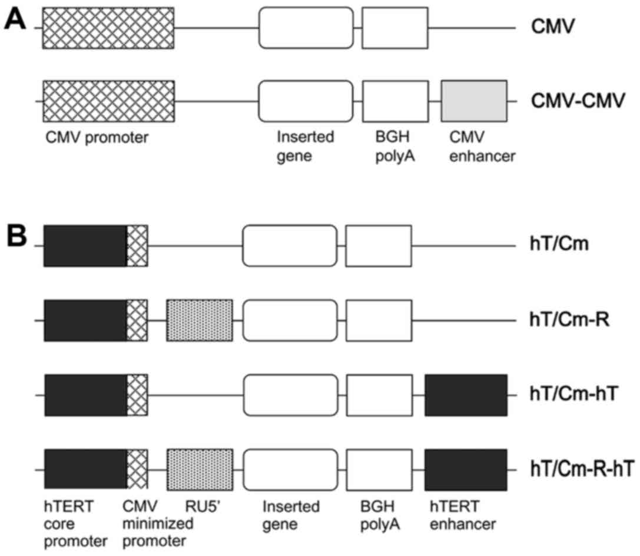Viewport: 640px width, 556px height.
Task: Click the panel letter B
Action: (16, 234)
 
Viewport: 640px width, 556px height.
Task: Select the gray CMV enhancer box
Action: (474, 101)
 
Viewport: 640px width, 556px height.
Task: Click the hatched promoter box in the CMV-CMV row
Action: (108, 101)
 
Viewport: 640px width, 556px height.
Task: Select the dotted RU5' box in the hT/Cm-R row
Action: (200, 321)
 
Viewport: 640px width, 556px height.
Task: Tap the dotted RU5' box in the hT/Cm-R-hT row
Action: (200, 469)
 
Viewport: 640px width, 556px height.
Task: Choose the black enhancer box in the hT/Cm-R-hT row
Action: (466, 469)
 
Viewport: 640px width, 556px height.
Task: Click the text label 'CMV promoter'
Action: (97, 138)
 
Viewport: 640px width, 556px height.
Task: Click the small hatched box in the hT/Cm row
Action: (138, 246)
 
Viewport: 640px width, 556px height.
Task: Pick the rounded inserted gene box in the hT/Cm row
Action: (290, 246)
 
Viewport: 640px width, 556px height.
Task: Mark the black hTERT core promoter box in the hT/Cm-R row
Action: (85, 321)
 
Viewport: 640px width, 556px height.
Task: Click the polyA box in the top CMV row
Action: (394, 28)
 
